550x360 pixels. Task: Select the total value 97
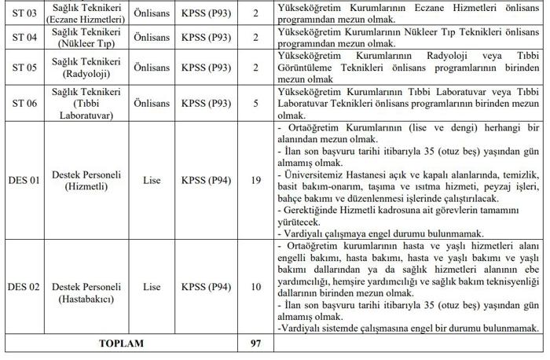pyautogui.click(x=255, y=343)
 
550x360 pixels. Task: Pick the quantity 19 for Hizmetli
pyautogui.click(x=255, y=181)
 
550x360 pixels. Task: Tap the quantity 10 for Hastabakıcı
pyautogui.click(x=255, y=286)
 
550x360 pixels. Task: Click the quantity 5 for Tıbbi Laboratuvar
pyautogui.click(x=255, y=102)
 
